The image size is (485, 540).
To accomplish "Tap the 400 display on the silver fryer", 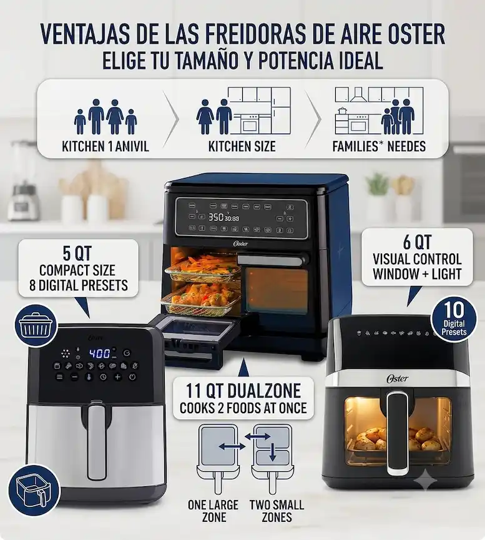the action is tap(100, 353).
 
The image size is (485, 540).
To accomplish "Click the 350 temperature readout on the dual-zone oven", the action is tap(215, 217).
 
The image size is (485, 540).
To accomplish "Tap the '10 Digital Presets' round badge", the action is tap(454, 319).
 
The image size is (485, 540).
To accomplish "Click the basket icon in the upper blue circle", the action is tap(36, 325).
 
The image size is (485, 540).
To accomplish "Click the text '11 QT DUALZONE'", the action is tap(243, 391).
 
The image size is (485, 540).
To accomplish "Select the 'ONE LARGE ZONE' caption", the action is tap(213, 511).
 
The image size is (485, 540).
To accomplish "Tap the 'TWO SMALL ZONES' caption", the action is tap(277, 511).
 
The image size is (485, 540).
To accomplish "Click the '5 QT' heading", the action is tap(77, 254).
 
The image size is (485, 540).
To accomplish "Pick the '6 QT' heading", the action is tap(417, 242).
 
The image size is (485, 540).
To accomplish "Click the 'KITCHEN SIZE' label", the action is tap(242, 146).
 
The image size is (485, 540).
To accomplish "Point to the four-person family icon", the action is tap(105, 117).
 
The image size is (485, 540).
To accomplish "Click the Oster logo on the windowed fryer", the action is tap(397, 378).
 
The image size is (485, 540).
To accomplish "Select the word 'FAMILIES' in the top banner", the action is tap(355, 146).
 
